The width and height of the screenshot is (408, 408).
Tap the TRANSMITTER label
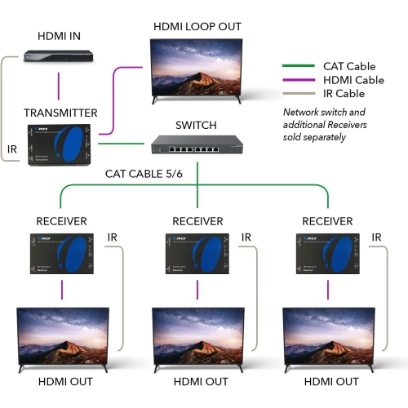pos(60,113)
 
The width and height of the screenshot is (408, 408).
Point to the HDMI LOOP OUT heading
pos(197,27)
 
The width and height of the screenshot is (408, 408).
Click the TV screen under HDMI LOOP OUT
pos(197,69)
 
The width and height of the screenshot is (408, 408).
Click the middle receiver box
pos(197,254)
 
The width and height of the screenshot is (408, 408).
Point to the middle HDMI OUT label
pos(197,382)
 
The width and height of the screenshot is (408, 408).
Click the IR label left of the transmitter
pos(12,150)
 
